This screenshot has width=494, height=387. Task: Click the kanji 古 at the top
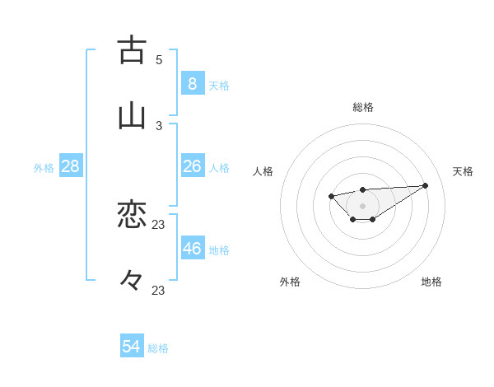pyautogui.click(x=132, y=50)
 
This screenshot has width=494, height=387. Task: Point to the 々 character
pyautogui.click(x=132, y=280)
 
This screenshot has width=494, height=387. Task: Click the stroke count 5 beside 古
pyautogui.click(x=159, y=59)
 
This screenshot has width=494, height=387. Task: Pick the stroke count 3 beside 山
pyautogui.click(x=159, y=125)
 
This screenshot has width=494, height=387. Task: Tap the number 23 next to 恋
pyautogui.click(x=159, y=224)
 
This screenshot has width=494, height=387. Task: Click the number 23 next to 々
pyautogui.click(x=159, y=290)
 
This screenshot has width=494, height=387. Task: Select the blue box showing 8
pyautogui.click(x=192, y=83)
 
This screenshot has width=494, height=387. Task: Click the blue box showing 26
pyautogui.click(x=192, y=166)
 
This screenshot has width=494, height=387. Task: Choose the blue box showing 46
pyautogui.click(x=192, y=249)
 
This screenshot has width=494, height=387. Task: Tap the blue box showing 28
pyautogui.click(x=70, y=166)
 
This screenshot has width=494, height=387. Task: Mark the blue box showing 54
pyautogui.click(x=132, y=347)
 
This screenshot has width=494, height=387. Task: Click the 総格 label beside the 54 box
pyautogui.click(x=158, y=348)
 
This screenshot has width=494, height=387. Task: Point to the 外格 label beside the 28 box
pyautogui.click(x=44, y=168)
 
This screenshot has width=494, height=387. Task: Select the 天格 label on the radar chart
pyautogui.click(x=463, y=171)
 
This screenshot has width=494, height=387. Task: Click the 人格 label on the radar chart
pyautogui.click(x=263, y=171)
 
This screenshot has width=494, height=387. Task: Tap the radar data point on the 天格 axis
pyautogui.click(x=425, y=185)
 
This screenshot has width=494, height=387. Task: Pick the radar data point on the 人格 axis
pyautogui.click(x=331, y=196)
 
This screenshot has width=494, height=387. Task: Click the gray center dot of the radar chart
pyautogui.click(x=362, y=205)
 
